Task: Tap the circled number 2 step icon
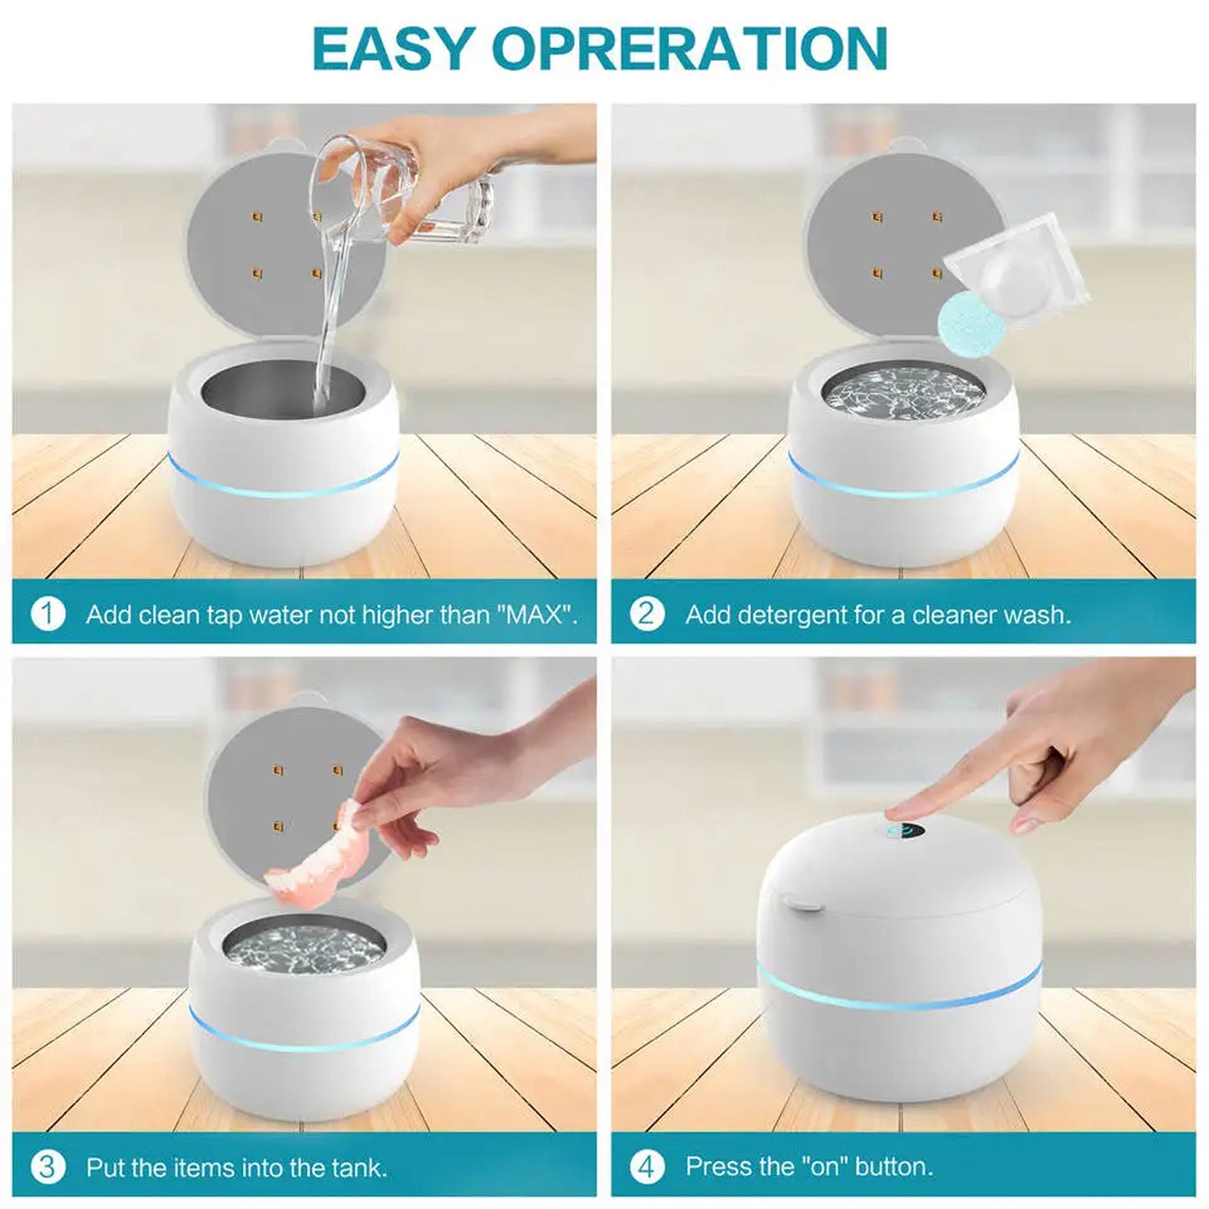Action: click(646, 614)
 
